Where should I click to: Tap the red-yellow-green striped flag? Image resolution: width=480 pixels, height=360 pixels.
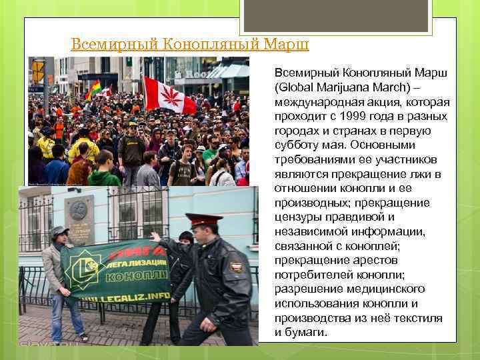pos(93,89)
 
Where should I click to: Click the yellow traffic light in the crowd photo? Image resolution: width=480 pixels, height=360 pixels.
pos(38,70)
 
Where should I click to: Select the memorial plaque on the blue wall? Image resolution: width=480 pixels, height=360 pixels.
pos(79,220)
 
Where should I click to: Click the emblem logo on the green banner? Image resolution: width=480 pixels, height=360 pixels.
pos(85,269)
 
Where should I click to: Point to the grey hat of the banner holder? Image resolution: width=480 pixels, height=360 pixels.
pos(59,230)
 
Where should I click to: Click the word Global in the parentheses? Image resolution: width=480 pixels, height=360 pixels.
pos(299,87)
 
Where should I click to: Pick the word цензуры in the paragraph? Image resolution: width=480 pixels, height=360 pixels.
pos(298,217)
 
